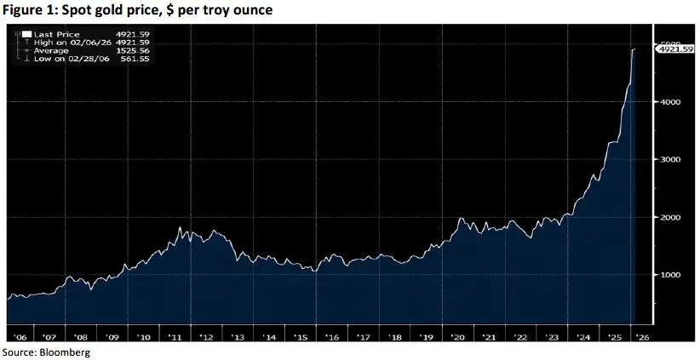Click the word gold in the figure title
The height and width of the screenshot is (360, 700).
point(110,9)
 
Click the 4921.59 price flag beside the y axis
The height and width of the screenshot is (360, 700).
point(674,50)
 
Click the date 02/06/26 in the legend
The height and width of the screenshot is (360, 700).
point(85,42)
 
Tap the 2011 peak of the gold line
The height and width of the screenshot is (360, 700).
point(180,227)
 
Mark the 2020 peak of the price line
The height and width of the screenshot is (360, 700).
point(461,219)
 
